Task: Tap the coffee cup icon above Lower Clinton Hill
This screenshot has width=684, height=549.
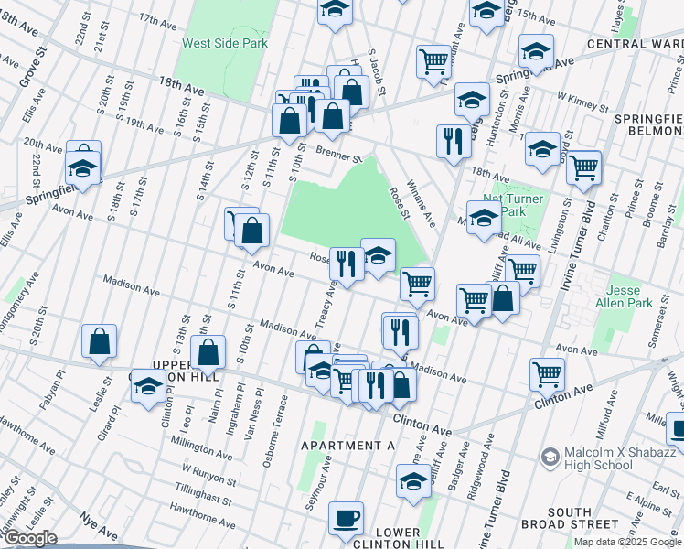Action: pyautogui.click(x=347, y=519)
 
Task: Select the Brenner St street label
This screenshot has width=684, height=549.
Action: pyautogui.click(x=340, y=155)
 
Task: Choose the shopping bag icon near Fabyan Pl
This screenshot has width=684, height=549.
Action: pyautogui.click(x=99, y=342)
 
